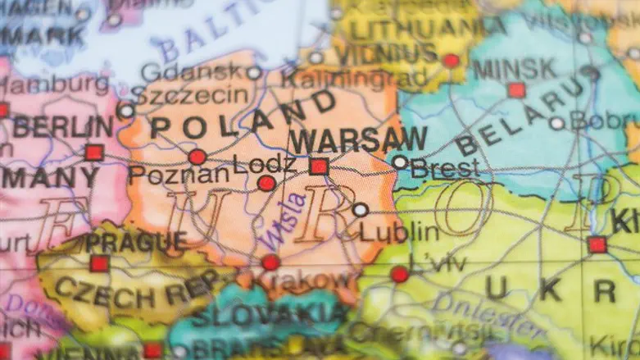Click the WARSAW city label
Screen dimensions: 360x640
358,139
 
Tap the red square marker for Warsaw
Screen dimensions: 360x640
319,166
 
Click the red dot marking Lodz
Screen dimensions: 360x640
266,183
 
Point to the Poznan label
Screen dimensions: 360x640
178,175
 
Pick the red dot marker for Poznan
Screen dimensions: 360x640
197,157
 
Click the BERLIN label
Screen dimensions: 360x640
63,127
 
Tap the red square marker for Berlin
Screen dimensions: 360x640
94,152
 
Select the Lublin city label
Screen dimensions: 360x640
400,231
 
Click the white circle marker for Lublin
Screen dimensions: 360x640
361,209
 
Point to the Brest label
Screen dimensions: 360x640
444,169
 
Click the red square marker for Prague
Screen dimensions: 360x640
99,263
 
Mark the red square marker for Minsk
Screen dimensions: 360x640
516,90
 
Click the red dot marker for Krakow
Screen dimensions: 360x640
270,262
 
